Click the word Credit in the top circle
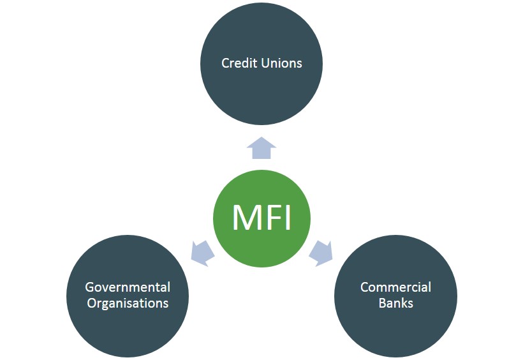click(237, 63)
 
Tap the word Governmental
click(128, 287)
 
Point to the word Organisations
click(128, 303)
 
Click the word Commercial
click(395, 287)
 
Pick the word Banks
click(395, 303)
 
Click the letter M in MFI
click(245, 218)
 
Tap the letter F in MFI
click(272, 218)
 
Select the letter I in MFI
click(287, 218)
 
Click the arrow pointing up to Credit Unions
click(261, 149)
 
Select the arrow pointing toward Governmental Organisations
click(202, 252)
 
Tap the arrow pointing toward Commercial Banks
click(321, 252)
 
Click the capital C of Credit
click(225, 63)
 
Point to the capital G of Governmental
click(89, 287)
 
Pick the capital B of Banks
click(383, 303)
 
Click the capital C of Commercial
click(365, 287)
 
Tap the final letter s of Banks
click(410, 303)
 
